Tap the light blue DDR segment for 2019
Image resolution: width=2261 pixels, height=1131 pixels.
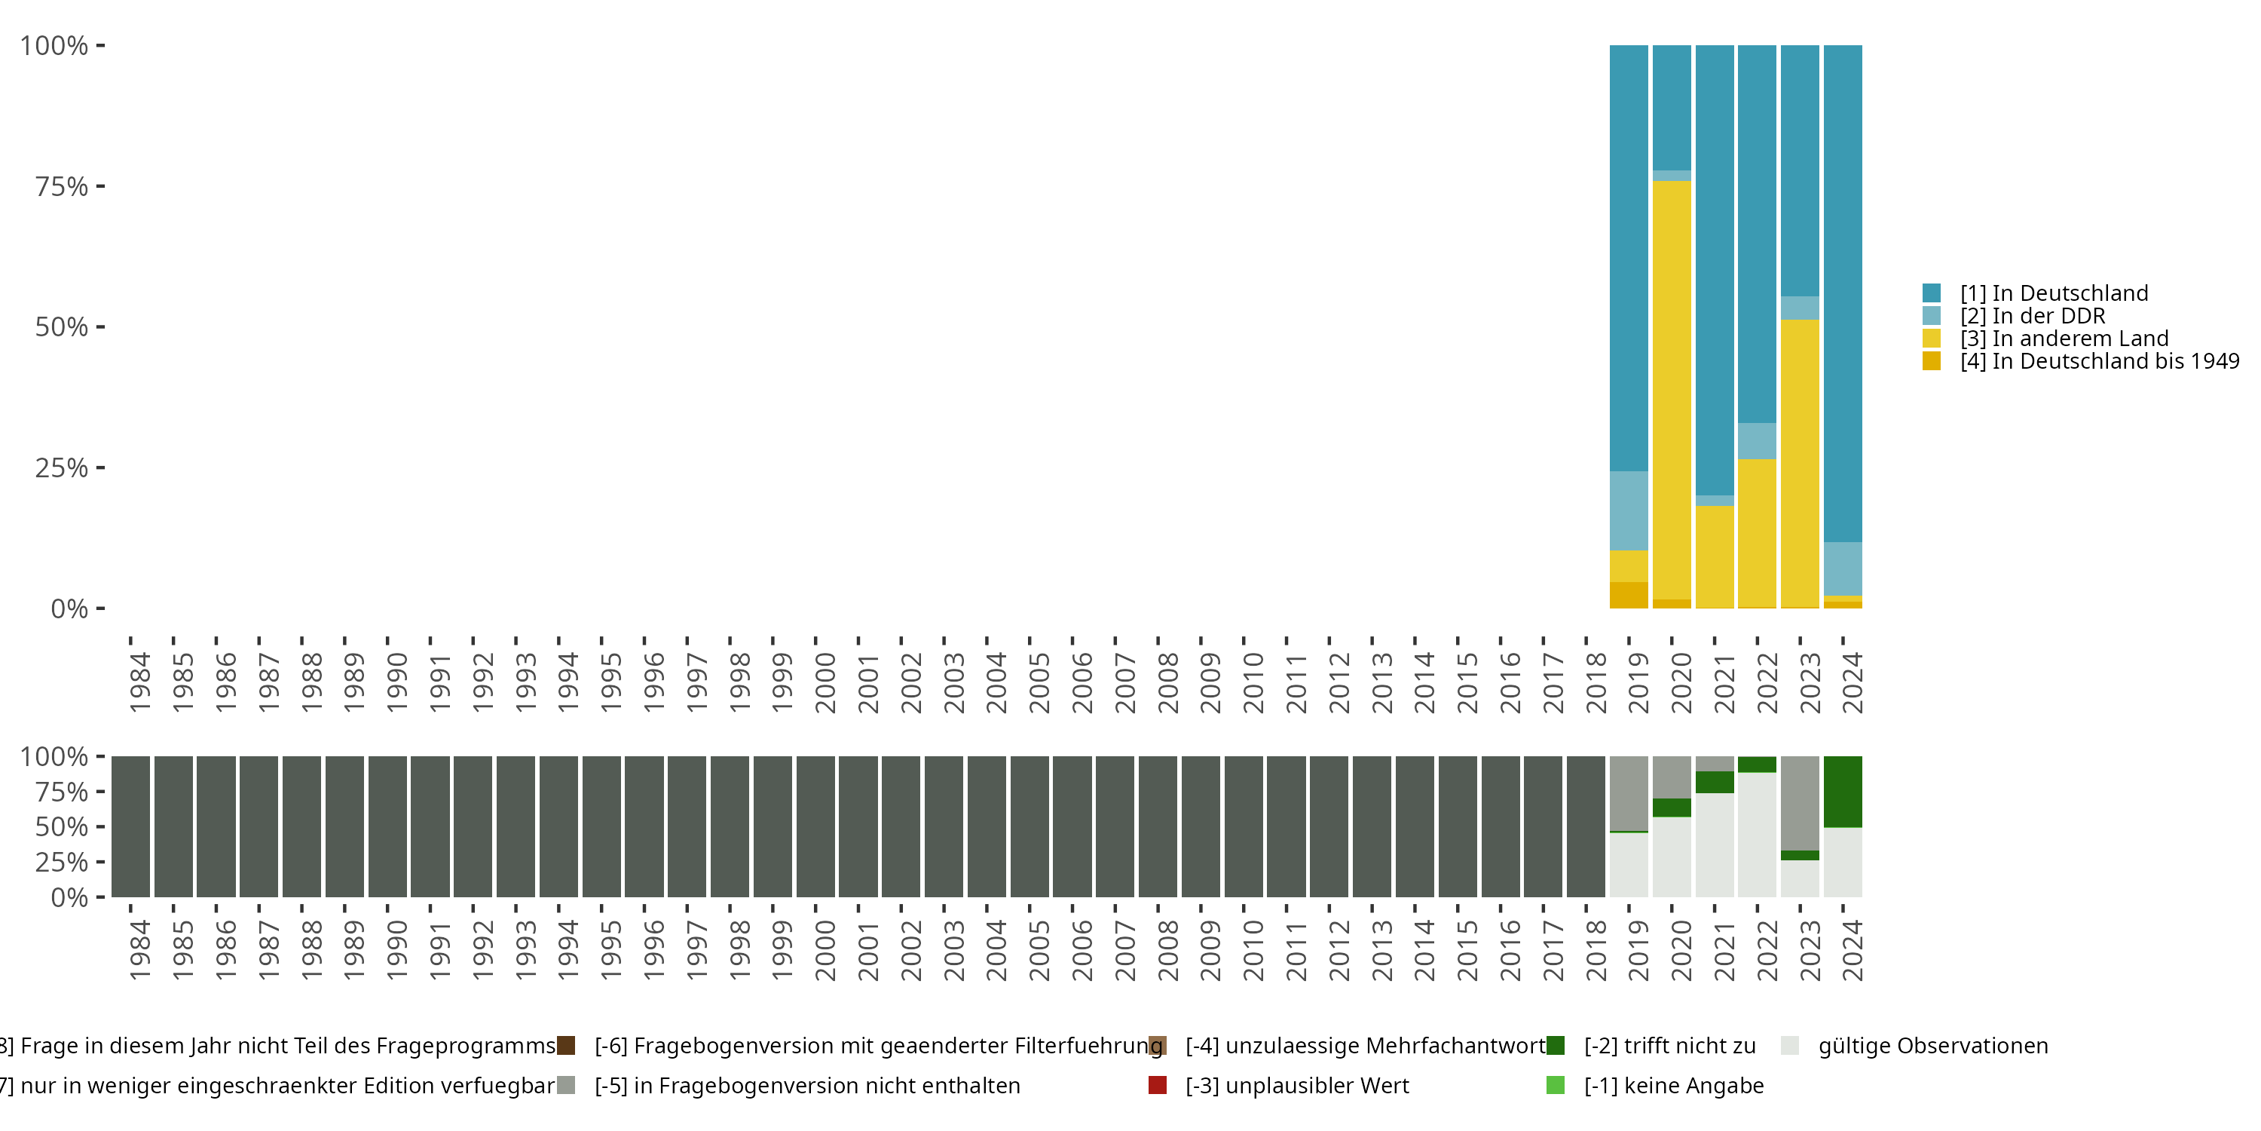coord(1628,511)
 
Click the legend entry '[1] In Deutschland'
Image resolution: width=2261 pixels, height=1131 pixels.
coord(2054,293)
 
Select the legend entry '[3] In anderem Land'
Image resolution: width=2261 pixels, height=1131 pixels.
coord(2064,338)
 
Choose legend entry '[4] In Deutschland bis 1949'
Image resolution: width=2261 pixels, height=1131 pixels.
coord(2100,361)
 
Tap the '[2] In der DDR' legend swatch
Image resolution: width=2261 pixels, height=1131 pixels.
coord(1931,315)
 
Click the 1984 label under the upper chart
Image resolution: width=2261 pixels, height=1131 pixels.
coord(139,682)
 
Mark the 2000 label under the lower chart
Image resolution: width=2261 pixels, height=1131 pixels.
coord(825,950)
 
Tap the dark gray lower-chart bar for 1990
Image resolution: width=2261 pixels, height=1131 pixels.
coord(387,826)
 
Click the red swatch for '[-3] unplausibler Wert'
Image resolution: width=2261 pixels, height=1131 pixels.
coord(1158,1085)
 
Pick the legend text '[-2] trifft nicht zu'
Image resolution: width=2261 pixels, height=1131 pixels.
coord(1669,1046)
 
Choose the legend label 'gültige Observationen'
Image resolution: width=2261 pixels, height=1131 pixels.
coord(1932,1046)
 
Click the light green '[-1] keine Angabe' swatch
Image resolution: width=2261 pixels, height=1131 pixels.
coord(1556,1085)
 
